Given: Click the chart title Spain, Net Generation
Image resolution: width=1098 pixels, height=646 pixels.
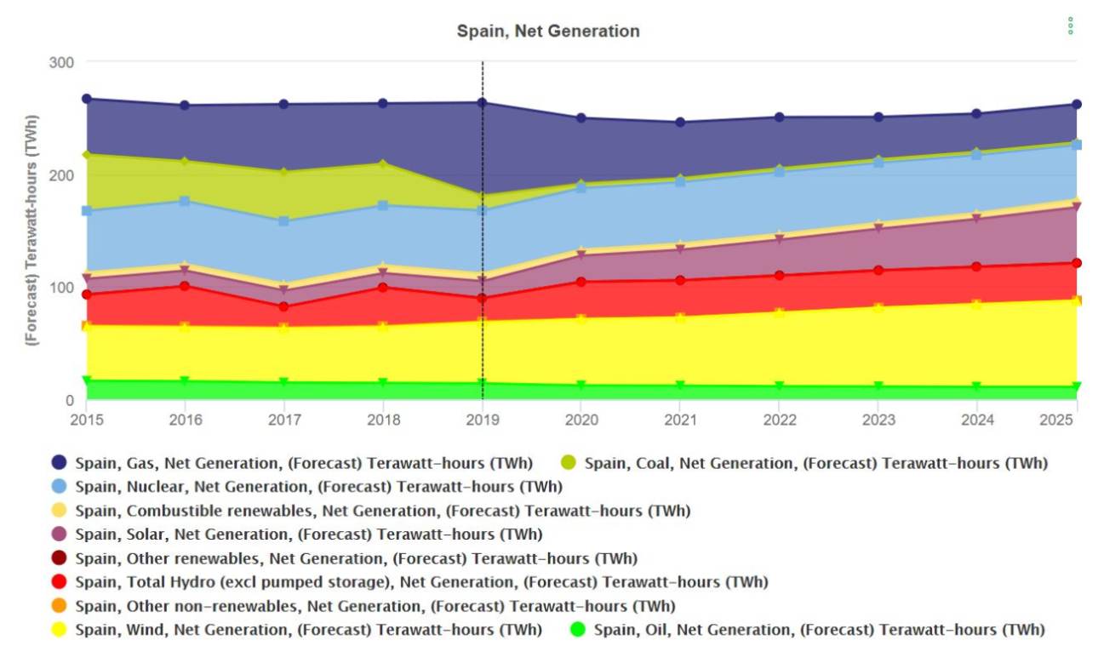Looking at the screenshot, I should point(548,31).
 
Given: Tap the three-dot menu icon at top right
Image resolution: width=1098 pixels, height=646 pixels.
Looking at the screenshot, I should point(1070,26).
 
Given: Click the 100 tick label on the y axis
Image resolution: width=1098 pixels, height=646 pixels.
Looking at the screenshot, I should point(66,287).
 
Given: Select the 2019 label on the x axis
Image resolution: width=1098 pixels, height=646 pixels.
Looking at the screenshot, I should point(483,420).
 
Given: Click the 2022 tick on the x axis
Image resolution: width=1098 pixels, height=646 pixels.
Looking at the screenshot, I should point(779,420).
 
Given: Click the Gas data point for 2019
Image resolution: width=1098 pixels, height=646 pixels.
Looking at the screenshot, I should point(483,103).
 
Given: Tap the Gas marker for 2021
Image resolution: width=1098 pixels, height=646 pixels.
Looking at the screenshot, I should point(680,122).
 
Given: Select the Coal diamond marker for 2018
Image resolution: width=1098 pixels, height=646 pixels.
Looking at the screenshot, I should point(383,163).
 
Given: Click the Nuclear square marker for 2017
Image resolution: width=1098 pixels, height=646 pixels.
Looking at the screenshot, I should point(284,221).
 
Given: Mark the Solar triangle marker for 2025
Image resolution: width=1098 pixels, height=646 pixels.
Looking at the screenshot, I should point(1076,207).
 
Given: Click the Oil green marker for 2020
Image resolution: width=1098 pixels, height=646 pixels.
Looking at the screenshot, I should point(581,386).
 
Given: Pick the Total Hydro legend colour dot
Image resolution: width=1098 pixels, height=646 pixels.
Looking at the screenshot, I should point(59,582).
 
